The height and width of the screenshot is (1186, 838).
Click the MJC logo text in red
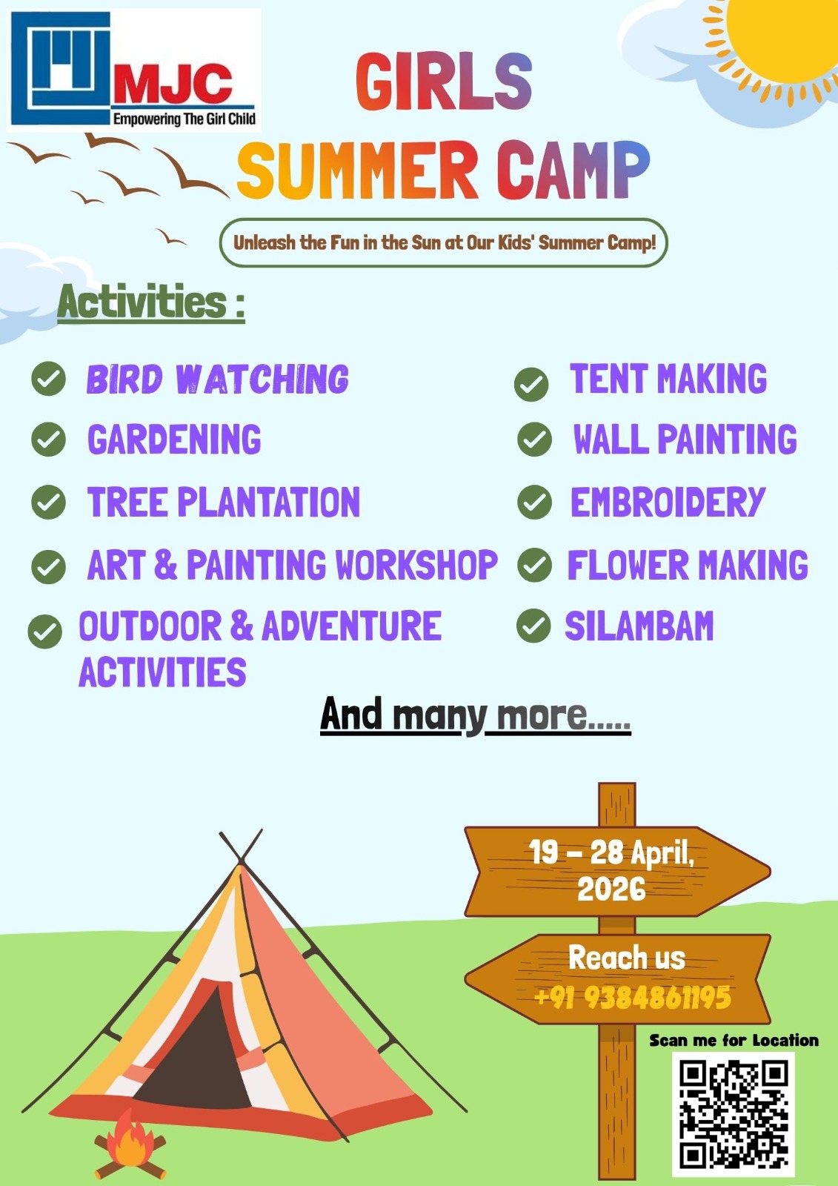(171, 85)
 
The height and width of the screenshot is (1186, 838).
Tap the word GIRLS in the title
(444, 82)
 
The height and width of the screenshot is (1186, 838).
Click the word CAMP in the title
(573, 170)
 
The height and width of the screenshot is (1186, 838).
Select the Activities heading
(151, 303)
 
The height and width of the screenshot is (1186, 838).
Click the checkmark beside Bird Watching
(48, 379)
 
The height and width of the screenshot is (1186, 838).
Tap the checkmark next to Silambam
(533, 626)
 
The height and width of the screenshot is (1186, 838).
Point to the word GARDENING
(174, 440)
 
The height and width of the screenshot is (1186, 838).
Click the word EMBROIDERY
(668, 502)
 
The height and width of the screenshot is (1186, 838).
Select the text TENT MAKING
(668, 378)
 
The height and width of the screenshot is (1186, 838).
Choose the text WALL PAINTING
(685, 439)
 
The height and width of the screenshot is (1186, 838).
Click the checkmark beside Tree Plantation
(48, 502)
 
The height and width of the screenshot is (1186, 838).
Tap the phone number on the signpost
(633, 997)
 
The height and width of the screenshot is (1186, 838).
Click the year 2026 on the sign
(611, 889)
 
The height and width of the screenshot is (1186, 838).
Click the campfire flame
(129, 1139)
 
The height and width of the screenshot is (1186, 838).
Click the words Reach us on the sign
(627, 958)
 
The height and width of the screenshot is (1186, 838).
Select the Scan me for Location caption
(734, 1041)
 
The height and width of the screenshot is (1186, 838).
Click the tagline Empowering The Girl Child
(184, 119)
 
